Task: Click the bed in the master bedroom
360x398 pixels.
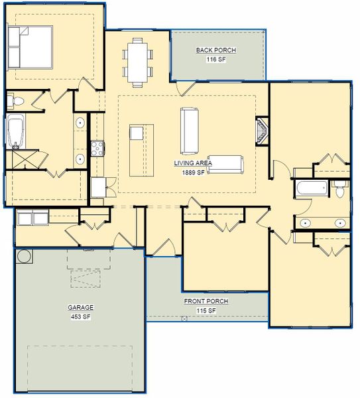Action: point(30,46)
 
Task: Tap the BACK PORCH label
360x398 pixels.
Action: point(216,50)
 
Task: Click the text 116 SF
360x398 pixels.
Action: point(216,60)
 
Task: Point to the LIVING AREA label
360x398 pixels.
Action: point(193,163)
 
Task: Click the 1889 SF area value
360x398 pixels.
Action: point(193,172)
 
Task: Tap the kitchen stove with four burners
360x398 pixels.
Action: point(97,147)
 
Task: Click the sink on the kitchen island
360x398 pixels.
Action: point(136,133)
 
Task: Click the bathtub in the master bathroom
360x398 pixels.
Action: point(15,131)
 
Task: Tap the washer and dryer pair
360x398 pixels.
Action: point(31,218)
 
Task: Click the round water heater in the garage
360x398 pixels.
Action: point(23,255)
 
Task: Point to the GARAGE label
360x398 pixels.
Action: point(80,308)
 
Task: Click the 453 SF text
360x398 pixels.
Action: point(80,316)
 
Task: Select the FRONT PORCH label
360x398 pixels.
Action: point(206,301)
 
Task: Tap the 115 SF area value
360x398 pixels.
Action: point(206,310)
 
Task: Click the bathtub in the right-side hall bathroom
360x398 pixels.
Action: point(311,188)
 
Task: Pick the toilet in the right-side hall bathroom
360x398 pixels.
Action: point(340,188)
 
